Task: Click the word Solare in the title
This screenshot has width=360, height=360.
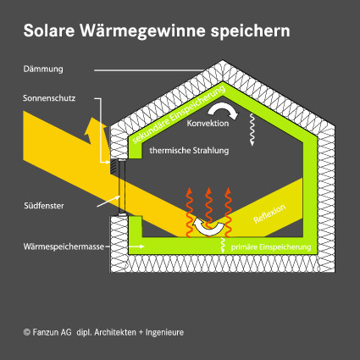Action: click(49, 30)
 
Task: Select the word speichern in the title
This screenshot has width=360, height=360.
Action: click(250, 31)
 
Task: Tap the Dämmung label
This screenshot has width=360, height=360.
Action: click(43, 69)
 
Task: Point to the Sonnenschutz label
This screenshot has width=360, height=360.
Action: click(49, 98)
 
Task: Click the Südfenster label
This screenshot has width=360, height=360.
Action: click(44, 206)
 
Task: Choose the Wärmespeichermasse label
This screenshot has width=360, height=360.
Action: click(64, 246)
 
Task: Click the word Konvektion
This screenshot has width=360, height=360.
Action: click(208, 123)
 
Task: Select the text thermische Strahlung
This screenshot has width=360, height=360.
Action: click(189, 151)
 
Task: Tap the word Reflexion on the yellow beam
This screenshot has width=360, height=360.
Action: click(269, 213)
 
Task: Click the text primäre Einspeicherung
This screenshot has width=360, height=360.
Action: click(271, 247)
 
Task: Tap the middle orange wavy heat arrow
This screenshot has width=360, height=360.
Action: click(208, 212)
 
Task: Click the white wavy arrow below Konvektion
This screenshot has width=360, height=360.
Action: click(252, 130)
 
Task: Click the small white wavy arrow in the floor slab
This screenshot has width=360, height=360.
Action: click(223, 245)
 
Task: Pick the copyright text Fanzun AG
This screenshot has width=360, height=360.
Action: click(47, 332)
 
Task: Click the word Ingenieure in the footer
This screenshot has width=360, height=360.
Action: click(164, 332)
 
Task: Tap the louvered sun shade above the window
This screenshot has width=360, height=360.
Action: click(114, 166)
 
